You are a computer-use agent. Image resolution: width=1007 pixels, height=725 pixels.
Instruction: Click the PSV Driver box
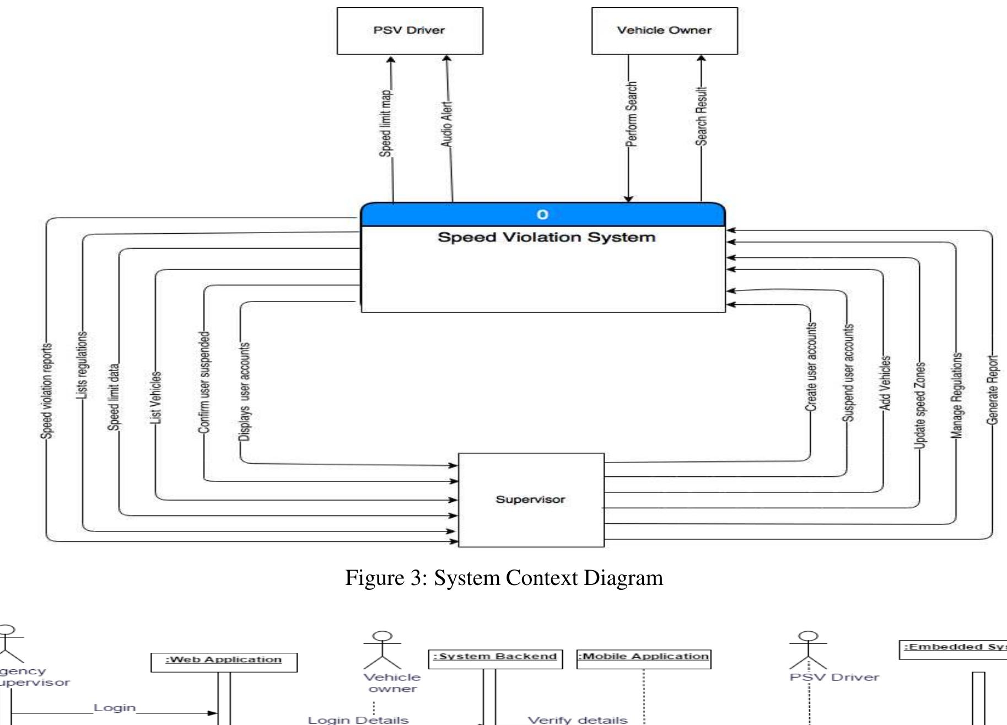[x=410, y=31]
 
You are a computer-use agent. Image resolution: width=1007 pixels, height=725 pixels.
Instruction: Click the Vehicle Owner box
[x=664, y=31]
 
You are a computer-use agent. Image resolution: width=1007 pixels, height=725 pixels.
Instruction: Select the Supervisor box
[x=531, y=500]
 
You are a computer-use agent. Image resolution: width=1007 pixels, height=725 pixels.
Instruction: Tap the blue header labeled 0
[x=542, y=214]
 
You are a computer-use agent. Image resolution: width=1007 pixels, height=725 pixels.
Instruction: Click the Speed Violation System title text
[x=546, y=238]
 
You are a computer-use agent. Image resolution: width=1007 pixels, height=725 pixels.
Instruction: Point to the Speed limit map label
[x=386, y=123]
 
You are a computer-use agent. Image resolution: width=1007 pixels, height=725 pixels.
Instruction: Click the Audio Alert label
[x=446, y=123]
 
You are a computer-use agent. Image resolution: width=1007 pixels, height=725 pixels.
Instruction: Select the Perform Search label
[x=631, y=114]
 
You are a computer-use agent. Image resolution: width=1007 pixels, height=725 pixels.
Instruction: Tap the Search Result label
[x=701, y=116]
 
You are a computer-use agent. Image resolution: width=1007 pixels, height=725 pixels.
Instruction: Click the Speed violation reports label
[x=47, y=391]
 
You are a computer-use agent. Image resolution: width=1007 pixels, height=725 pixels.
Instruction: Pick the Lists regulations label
[x=82, y=365]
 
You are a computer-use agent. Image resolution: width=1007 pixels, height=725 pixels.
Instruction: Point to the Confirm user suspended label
[x=204, y=382]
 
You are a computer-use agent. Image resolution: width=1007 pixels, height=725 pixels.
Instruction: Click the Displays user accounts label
[x=244, y=391]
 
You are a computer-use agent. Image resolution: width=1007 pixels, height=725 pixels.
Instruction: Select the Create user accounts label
[x=811, y=367]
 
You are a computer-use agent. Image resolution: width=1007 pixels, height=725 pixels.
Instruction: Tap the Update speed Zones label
[x=920, y=405]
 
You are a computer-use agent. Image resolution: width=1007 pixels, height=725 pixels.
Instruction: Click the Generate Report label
[x=992, y=390]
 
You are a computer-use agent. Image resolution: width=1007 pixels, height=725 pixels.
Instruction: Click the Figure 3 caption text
[x=504, y=578]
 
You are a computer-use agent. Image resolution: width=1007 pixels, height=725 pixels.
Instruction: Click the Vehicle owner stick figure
[x=383, y=650]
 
